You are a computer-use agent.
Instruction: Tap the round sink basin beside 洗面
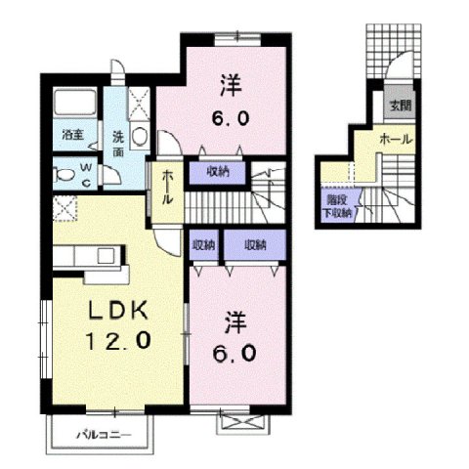(138, 136)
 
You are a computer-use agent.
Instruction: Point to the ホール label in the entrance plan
(395, 140)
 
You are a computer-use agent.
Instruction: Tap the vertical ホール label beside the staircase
(167, 186)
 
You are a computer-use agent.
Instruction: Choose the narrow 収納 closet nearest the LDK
(202, 244)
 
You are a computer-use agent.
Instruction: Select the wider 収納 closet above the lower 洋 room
(254, 244)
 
